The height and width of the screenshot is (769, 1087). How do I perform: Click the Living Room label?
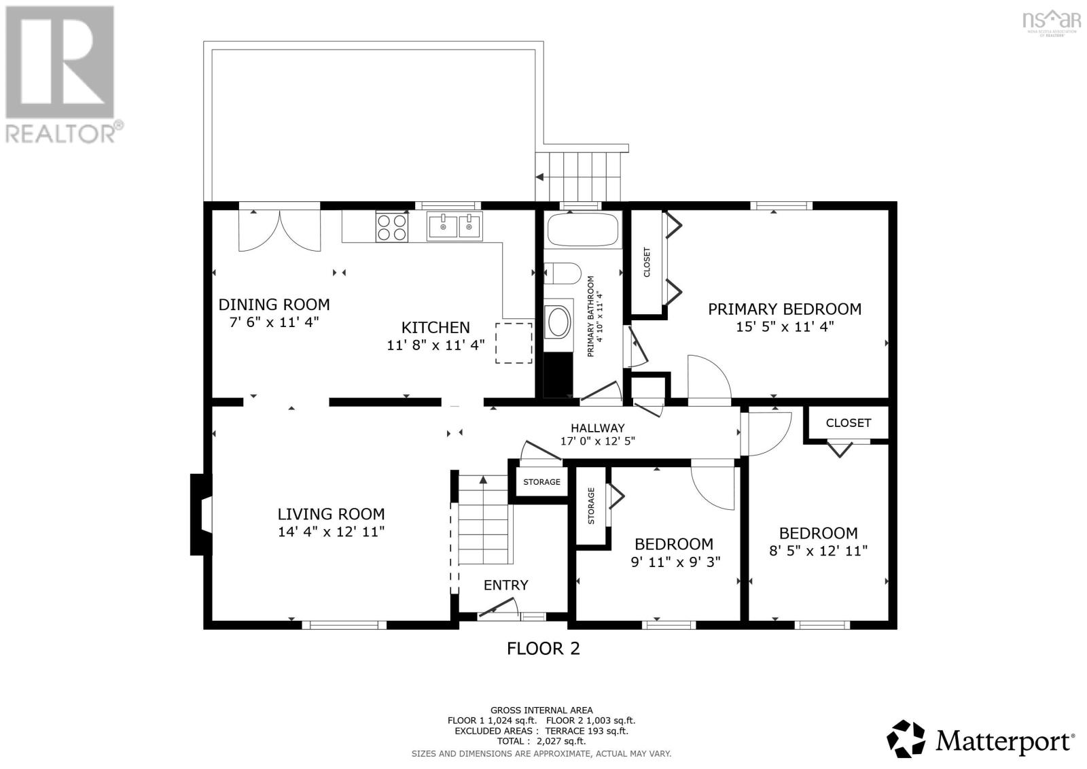331,514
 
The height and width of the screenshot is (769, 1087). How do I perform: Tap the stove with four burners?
392,227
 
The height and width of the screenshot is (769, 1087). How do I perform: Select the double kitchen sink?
455,226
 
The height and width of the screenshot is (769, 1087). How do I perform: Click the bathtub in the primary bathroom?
583,230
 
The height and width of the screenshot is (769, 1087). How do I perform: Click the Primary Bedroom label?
785,309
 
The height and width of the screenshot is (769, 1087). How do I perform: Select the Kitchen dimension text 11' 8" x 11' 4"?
435,345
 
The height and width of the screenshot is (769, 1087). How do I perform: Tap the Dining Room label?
274,305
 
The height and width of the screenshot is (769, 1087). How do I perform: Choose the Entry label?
505,585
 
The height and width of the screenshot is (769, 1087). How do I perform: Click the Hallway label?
597,428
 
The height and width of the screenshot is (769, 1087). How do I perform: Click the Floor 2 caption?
543,648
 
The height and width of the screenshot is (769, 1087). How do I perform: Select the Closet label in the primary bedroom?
647,262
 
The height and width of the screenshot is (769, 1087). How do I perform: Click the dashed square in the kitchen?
514,343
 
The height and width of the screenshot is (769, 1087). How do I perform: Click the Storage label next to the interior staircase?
541,482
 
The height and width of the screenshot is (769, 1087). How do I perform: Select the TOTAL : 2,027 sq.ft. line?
541,741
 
